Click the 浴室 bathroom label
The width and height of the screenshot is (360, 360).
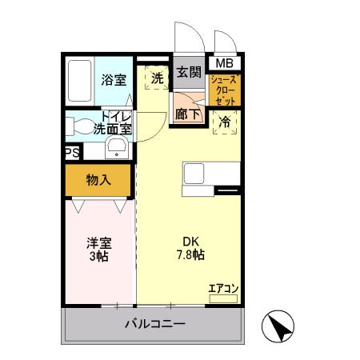click(114, 79)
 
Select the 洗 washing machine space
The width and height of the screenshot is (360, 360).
click(157, 78)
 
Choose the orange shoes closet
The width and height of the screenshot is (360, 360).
click(224, 89)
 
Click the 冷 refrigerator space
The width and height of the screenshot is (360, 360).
click(226, 122)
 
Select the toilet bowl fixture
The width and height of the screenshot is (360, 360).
click(79, 126)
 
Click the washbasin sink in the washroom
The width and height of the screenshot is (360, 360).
click(117, 147)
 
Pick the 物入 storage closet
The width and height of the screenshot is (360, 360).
click(98, 180)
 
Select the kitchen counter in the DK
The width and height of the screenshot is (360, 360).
click(212, 176)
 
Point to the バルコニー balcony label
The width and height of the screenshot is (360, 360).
click(154, 325)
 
